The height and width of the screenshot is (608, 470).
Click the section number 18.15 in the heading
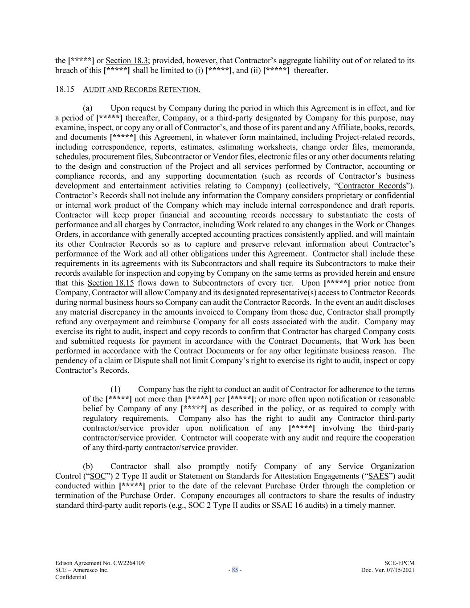(64, 90)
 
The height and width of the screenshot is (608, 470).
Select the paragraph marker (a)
(88, 108)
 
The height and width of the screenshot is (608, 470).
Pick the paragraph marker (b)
(88, 466)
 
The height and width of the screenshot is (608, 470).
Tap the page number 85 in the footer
(235, 570)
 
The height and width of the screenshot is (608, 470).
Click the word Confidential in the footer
(70, 577)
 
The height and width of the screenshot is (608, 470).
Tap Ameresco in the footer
(86, 570)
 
